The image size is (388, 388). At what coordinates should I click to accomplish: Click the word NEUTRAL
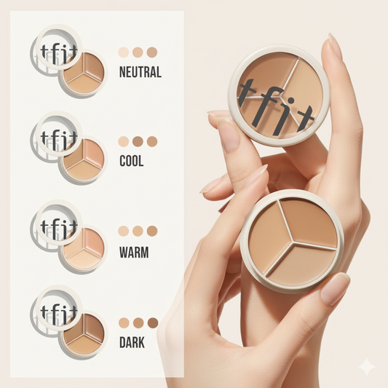click(140, 72)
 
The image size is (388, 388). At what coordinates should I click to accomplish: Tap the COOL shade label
click(132, 161)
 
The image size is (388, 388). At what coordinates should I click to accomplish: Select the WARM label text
click(134, 252)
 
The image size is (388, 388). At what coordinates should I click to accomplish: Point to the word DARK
click(132, 342)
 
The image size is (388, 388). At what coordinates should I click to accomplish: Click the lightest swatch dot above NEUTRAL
click(124, 52)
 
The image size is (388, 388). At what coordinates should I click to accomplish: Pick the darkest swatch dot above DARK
click(153, 323)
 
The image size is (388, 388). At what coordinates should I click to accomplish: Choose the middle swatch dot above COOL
click(138, 141)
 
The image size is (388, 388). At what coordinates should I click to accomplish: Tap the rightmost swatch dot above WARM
click(152, 231)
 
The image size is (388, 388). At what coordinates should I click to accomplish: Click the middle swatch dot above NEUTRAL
click(138, 52)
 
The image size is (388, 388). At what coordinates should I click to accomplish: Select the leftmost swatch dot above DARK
click(124, 323)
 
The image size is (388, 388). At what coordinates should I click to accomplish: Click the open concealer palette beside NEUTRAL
click(84, 73)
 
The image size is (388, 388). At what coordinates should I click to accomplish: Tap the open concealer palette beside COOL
click(84, 159)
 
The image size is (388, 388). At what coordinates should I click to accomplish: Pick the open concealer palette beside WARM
click(84, 249)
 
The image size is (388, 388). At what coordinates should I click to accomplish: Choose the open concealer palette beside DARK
click(84, 335)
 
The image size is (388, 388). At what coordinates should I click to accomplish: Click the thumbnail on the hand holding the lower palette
click(335, 290)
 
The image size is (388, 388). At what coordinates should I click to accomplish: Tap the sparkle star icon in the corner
click(367, 367)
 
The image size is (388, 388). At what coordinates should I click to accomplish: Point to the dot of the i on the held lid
click(291, 100)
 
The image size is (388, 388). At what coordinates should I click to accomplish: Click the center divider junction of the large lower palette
click(293, 242)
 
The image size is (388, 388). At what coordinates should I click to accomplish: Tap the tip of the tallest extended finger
click(331, 35)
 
